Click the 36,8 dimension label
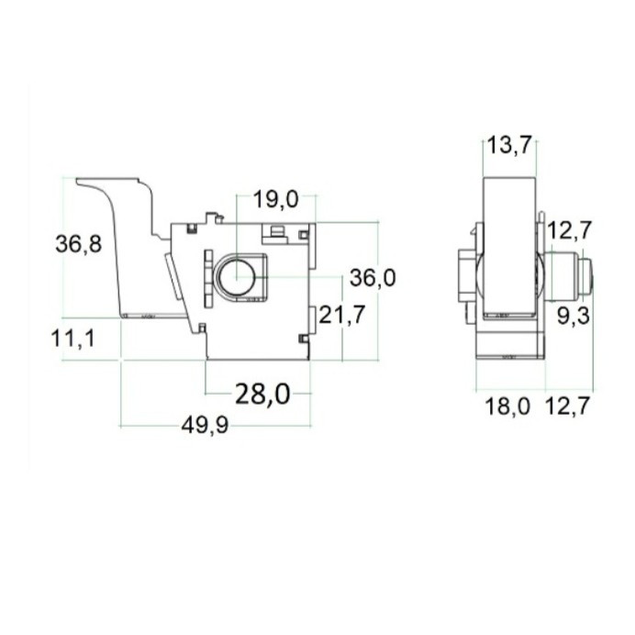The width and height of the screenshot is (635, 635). coord(79,245)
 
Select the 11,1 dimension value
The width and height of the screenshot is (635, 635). coord(72,339)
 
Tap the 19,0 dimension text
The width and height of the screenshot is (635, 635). coord(276,199)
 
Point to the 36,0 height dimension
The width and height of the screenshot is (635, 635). coord(373,278)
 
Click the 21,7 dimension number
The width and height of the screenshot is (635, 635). coord(342,315)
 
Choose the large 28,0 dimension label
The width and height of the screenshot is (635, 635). coord(262,395)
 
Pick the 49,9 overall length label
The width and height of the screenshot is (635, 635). coord(205,425)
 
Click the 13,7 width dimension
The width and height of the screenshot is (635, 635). coord(508,145)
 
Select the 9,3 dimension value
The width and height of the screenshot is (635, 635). coord(574,316)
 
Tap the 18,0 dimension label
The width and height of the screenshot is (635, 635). coord(507,407)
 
